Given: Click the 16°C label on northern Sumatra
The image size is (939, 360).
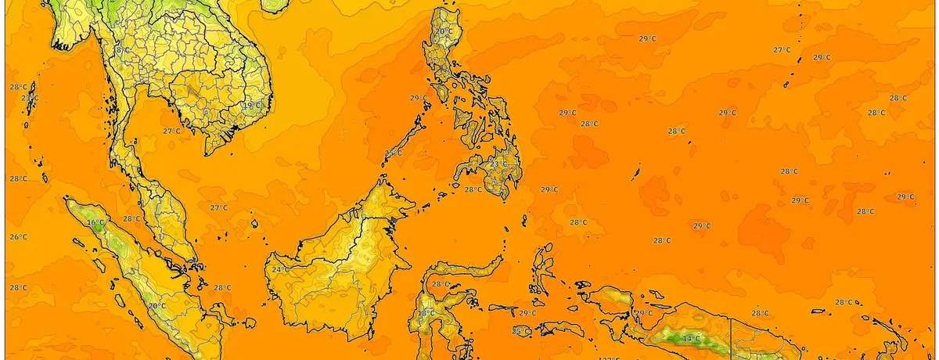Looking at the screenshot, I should (95, 223).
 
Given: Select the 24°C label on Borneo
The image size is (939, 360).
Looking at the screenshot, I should (279, 270).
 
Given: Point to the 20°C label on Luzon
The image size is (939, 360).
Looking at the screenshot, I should (444, 32).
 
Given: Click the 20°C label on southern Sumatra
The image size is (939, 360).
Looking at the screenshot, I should (157, 306).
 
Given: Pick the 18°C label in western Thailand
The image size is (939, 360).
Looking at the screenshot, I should (121, 50).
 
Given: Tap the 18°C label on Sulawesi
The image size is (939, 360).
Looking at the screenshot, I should (426, 313).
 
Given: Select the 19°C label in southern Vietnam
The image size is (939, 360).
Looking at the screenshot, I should (251, 106).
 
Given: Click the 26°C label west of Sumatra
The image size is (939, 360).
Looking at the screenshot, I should (19, 237).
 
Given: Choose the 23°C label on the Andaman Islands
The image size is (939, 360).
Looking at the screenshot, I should (29, 98).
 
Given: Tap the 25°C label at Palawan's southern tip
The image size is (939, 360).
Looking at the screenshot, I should (394, 153).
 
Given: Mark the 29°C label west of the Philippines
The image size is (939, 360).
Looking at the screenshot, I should (419, 99).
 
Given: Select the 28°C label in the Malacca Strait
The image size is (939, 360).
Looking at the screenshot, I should (131, 219).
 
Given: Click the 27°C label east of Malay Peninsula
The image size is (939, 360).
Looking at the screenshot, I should (219, 207).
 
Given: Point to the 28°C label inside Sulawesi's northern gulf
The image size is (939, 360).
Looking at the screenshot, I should (441, 284).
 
